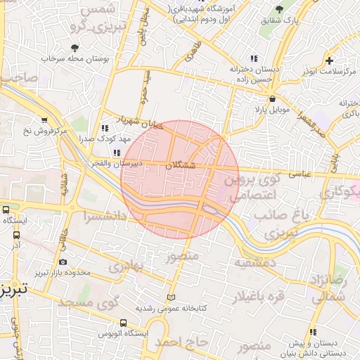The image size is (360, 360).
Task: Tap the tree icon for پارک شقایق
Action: pos(279,9)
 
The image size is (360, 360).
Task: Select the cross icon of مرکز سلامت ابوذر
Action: pos(329,60)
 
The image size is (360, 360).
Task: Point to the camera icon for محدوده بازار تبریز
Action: pos(63,262)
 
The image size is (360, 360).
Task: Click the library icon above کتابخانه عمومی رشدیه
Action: pos(171,297)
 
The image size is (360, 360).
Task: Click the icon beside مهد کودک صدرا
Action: pos(104,129)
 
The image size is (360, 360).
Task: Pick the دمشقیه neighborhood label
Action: pos(255,263)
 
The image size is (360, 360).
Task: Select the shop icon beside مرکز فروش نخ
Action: pos(45,120)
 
